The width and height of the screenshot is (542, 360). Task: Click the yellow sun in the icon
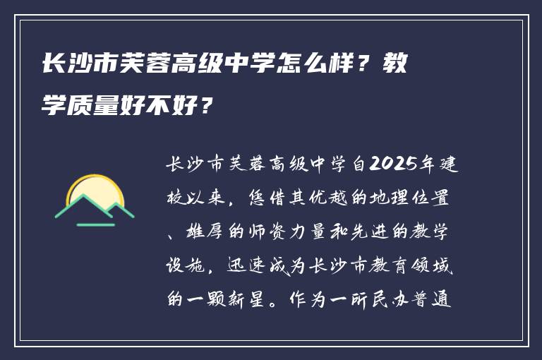pos(96,192)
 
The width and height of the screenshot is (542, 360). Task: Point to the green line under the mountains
pos(95,224)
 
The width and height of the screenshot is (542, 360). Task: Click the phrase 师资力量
pos(267,233)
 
